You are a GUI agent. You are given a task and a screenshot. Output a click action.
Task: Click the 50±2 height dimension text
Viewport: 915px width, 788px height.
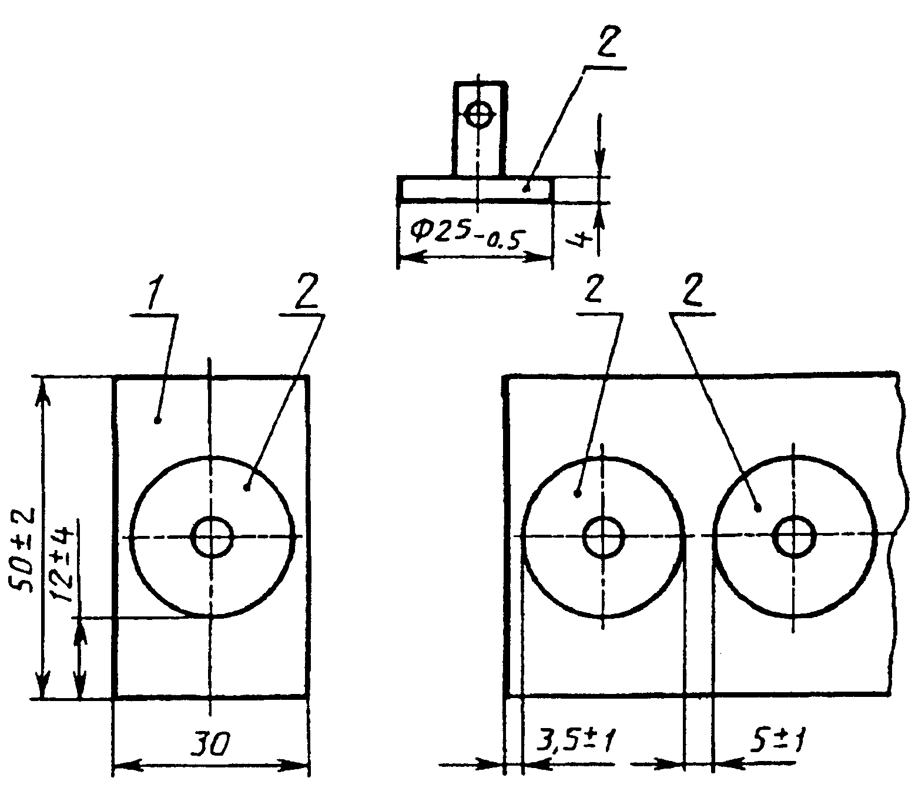[22, 551]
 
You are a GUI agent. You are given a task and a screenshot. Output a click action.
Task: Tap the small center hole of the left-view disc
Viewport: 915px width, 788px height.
[212, 537]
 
